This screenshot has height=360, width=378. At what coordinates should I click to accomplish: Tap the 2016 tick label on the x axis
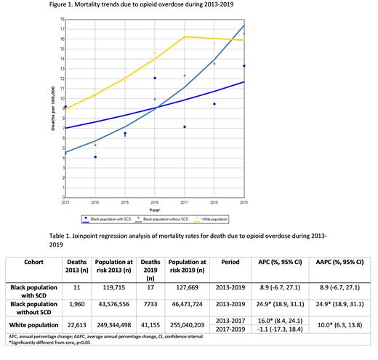click(154, 204)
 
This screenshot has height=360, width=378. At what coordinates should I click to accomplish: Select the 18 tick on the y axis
click(60, 20)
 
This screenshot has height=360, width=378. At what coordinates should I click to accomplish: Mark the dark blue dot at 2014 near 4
click(95, 157)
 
